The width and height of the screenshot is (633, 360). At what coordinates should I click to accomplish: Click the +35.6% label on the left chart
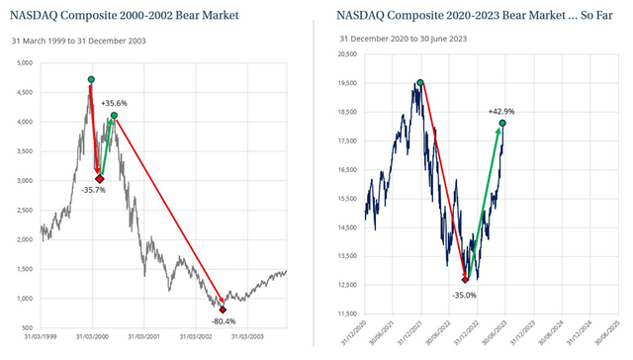point(114,103)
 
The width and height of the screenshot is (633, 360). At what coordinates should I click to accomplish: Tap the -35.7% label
point(93,190)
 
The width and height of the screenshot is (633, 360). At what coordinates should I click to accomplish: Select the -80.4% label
point(225,320)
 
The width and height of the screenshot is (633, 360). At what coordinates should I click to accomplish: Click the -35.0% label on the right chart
point(465,294)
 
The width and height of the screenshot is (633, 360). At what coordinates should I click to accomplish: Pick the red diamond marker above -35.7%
point(99,178)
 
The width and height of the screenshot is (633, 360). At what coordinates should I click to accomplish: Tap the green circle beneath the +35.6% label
point(114,116)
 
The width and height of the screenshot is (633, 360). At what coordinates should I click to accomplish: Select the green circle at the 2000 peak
point(91,79)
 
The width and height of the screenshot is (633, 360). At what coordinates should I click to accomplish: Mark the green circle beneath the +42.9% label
point(503,124)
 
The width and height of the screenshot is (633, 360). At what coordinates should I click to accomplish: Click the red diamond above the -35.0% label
point(465,280)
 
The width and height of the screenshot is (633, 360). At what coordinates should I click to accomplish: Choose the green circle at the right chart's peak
point(420,83)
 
